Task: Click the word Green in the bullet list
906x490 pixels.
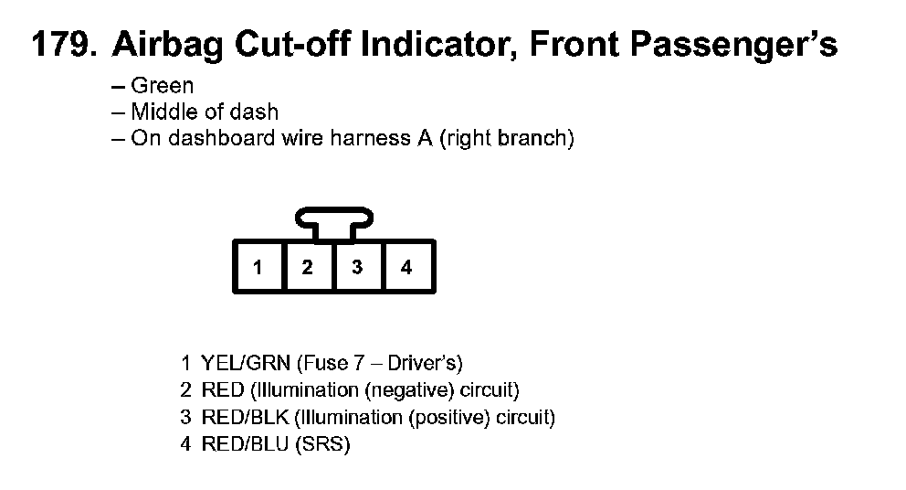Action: (163, 86)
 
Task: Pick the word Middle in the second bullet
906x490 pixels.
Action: (160, 112)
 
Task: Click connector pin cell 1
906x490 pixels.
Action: (259, 267)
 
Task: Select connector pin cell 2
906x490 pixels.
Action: (309, 267)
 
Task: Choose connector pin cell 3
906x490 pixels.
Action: (358, 267)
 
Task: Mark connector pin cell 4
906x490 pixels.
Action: (407, 267)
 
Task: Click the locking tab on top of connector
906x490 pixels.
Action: (333, 219)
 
